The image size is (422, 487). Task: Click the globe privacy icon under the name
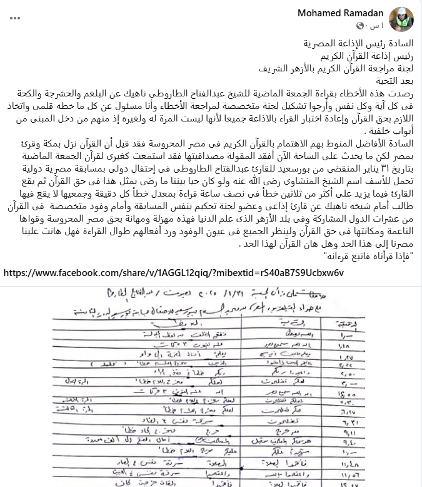[x=361, y=26]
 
